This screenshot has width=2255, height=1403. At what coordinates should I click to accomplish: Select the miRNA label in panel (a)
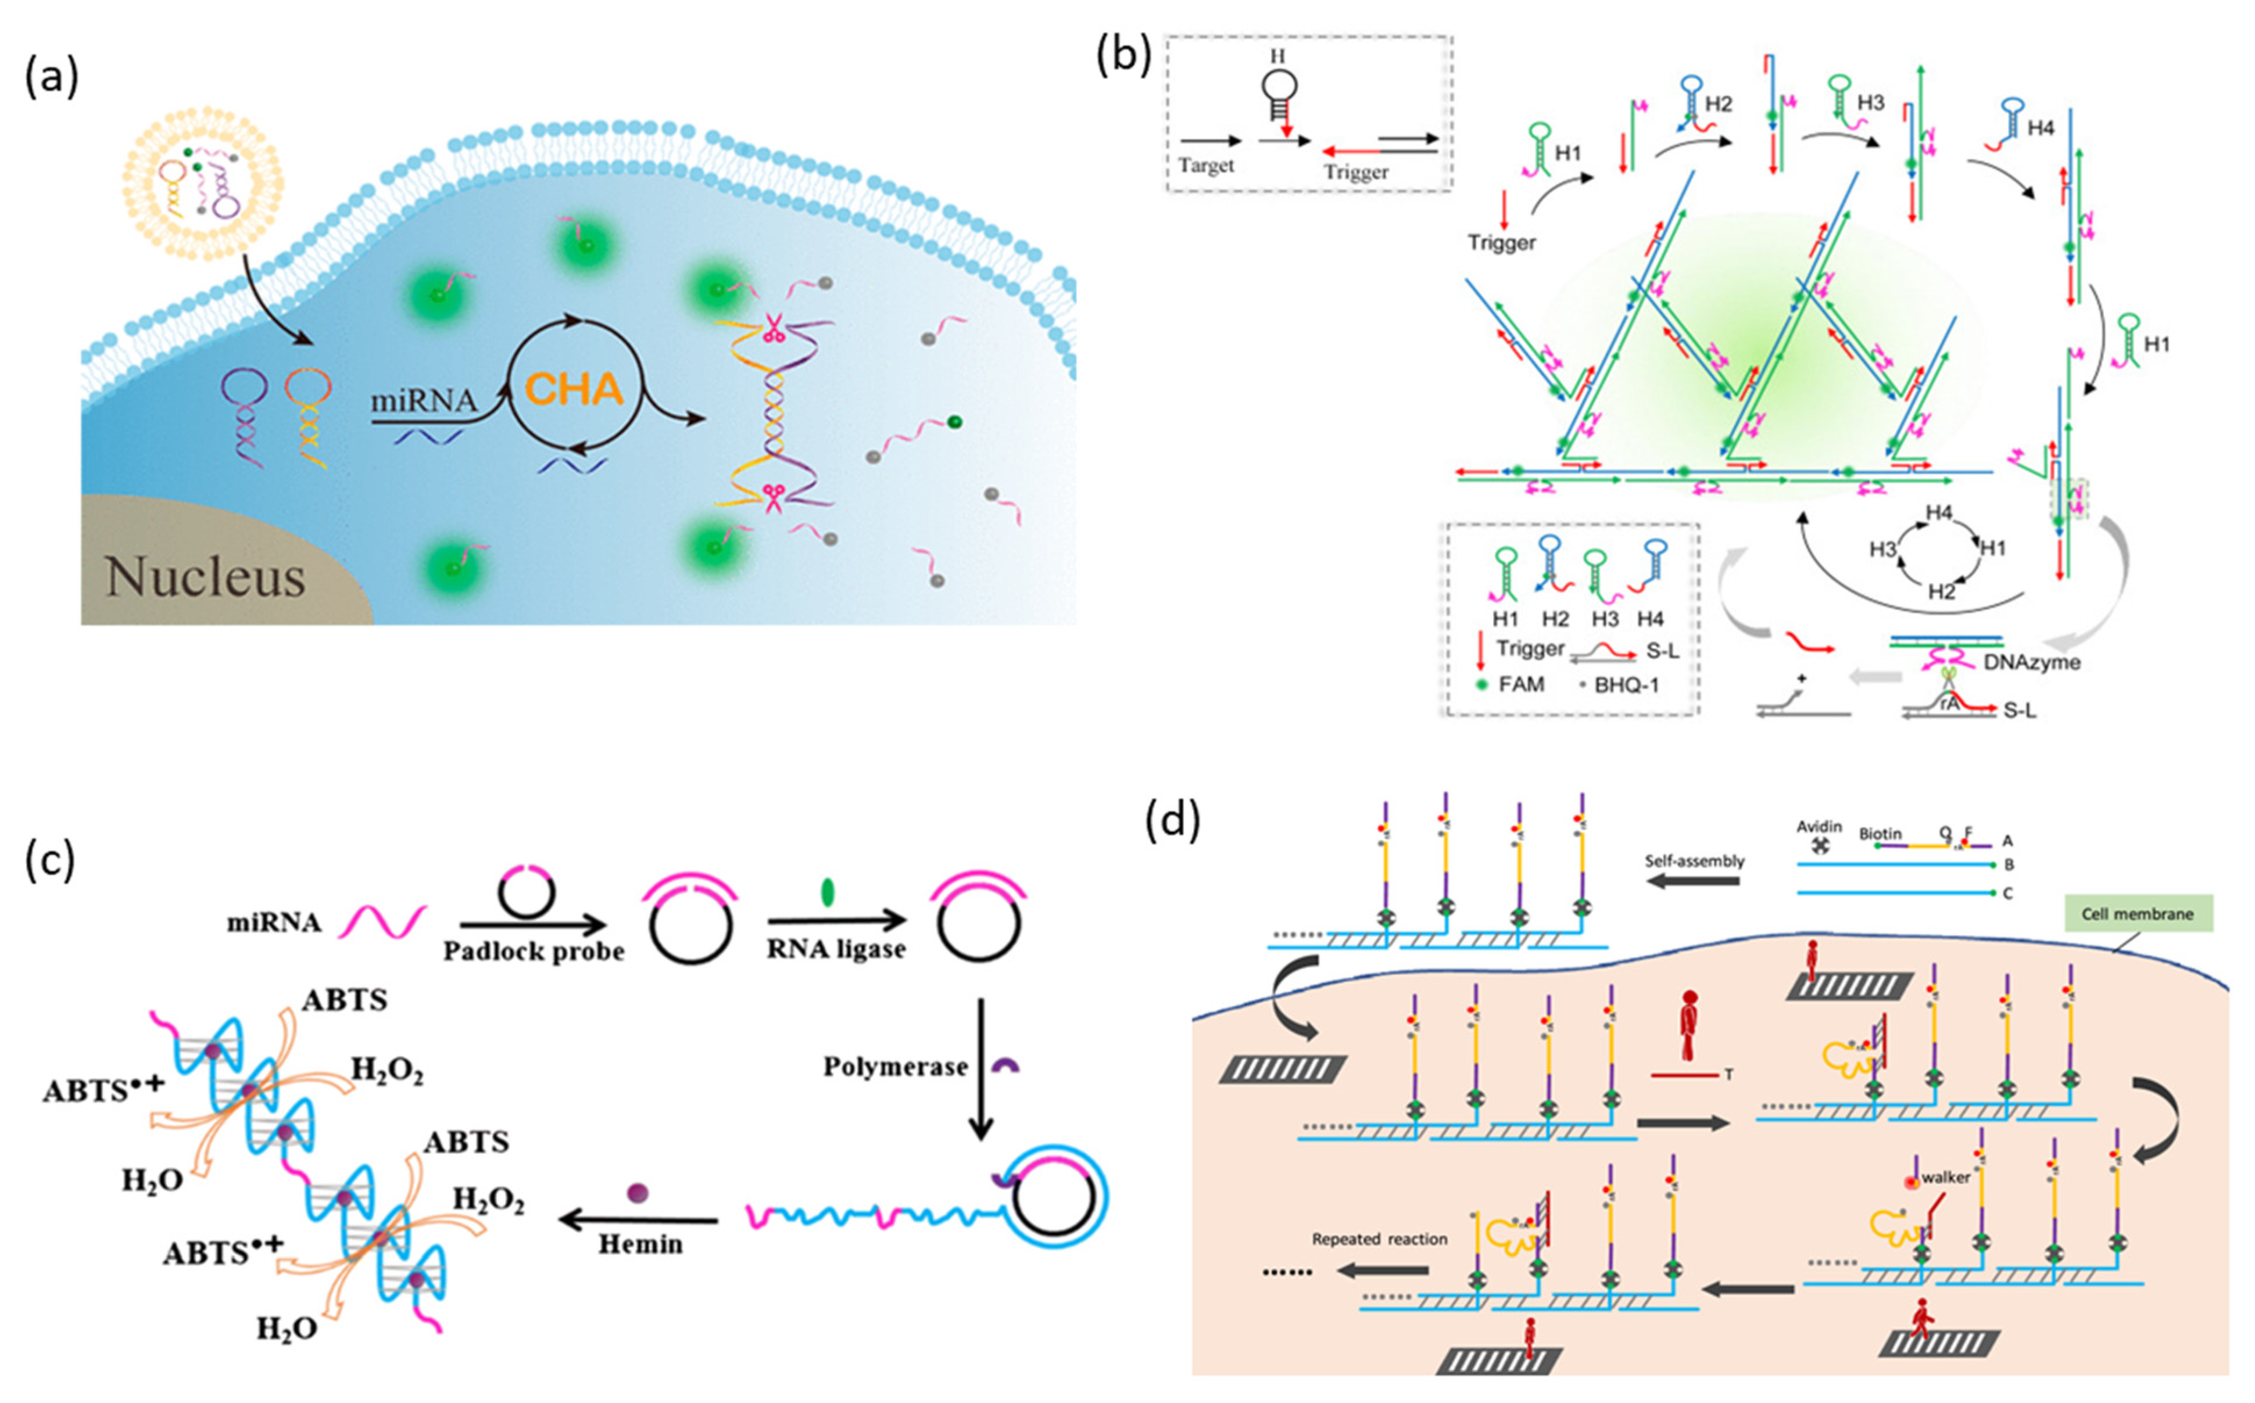pyautogui.click(x=423, y=401)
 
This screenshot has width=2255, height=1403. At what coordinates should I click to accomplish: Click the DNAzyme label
pyautogui.click(x=2031, y=662)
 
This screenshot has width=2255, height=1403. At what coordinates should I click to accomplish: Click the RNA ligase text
pyautogui.click(x=836, y=949)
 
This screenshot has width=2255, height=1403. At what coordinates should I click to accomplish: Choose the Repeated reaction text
pyautogui.click(x=1379, y=1239)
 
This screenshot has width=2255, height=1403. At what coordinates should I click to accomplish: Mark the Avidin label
pyautogui.click(x=1819, y=827)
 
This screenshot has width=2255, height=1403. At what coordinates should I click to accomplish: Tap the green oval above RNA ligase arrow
pyautogui.click(x=828, y=892)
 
